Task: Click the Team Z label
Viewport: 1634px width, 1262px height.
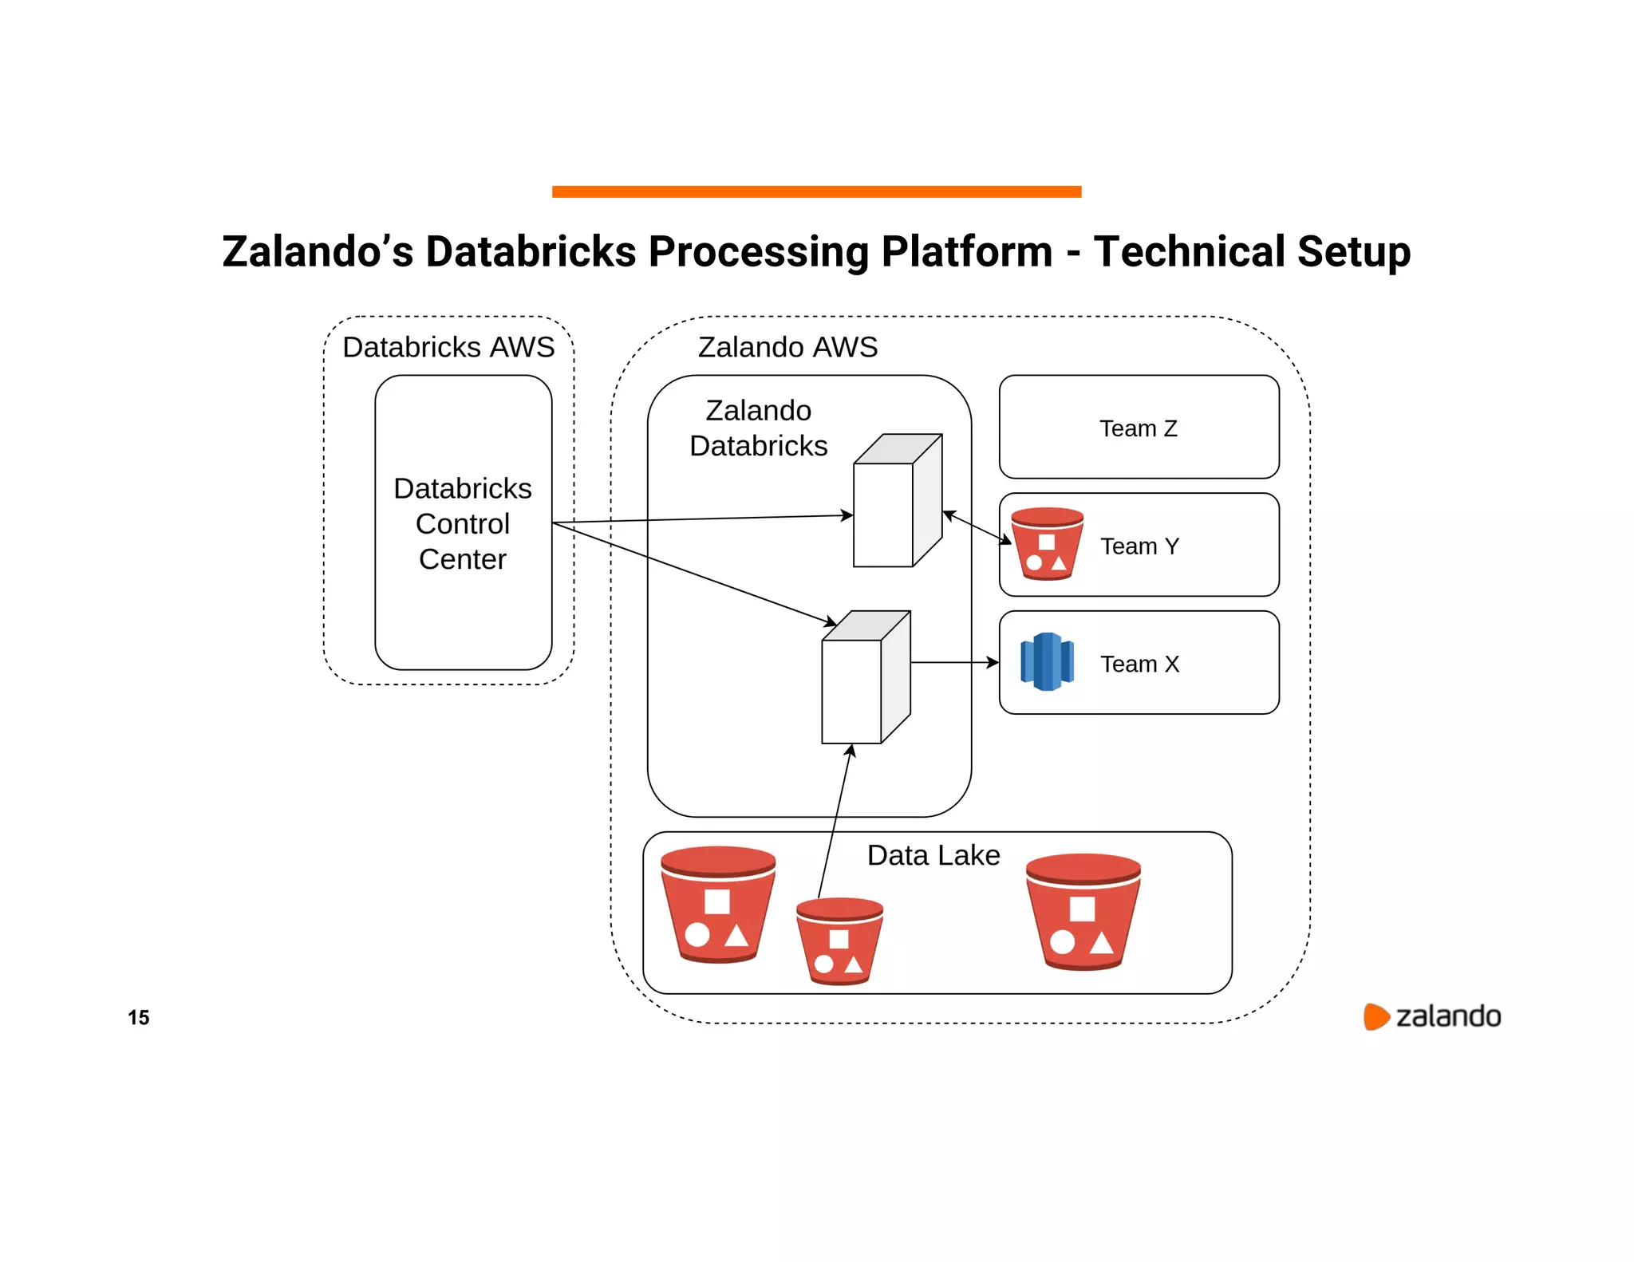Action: [1138, 428]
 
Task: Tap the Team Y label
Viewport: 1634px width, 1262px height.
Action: [1139, 546]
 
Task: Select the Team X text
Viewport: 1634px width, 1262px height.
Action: [1139, 664]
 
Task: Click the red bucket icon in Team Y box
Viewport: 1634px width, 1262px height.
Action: [1047, 544]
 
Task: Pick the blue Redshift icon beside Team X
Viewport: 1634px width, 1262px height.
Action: [1047, 661]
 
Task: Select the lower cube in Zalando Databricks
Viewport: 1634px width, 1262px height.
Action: [865, 678]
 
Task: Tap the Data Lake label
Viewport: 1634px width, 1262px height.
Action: [933, 855]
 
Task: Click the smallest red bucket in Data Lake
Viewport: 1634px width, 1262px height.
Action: [839, 941]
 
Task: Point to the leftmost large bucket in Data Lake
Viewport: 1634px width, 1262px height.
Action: [717, 905]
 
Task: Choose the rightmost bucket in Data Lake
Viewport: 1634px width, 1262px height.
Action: [1083, 912]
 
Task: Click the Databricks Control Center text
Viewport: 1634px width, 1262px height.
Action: [463, 523]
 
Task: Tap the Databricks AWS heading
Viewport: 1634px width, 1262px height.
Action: [448, 347]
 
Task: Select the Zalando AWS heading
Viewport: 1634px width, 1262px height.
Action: [787, 347]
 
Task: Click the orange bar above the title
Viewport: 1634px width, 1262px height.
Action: [816, 191]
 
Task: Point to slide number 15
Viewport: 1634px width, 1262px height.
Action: [138, 1017]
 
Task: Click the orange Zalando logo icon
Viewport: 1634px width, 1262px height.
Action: [1375, 1016]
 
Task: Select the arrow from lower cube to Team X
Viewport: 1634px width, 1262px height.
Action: [954, 662]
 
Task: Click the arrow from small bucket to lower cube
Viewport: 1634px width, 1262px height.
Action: [835, 822]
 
